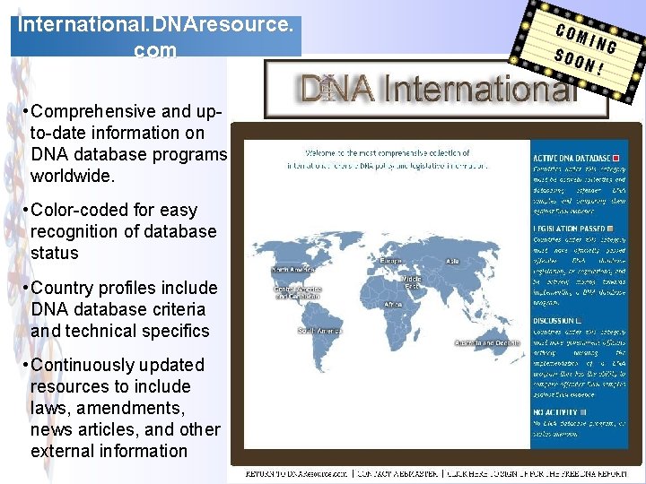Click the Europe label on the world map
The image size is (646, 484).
(x=391, y=260)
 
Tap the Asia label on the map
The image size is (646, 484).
(x=452, y=261)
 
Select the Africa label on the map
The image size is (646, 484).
(x=393, y=305)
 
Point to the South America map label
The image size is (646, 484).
(x=319, y=331)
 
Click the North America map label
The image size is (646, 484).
(x=292, y=269)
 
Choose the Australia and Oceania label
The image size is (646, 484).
(x=487, y=343)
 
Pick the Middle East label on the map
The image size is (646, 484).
(x=412, y=282)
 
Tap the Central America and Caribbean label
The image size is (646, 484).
(x=297, y=294)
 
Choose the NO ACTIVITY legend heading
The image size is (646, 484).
(x=554, y=412)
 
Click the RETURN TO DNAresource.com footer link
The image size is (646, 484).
(x=295, y=472)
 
